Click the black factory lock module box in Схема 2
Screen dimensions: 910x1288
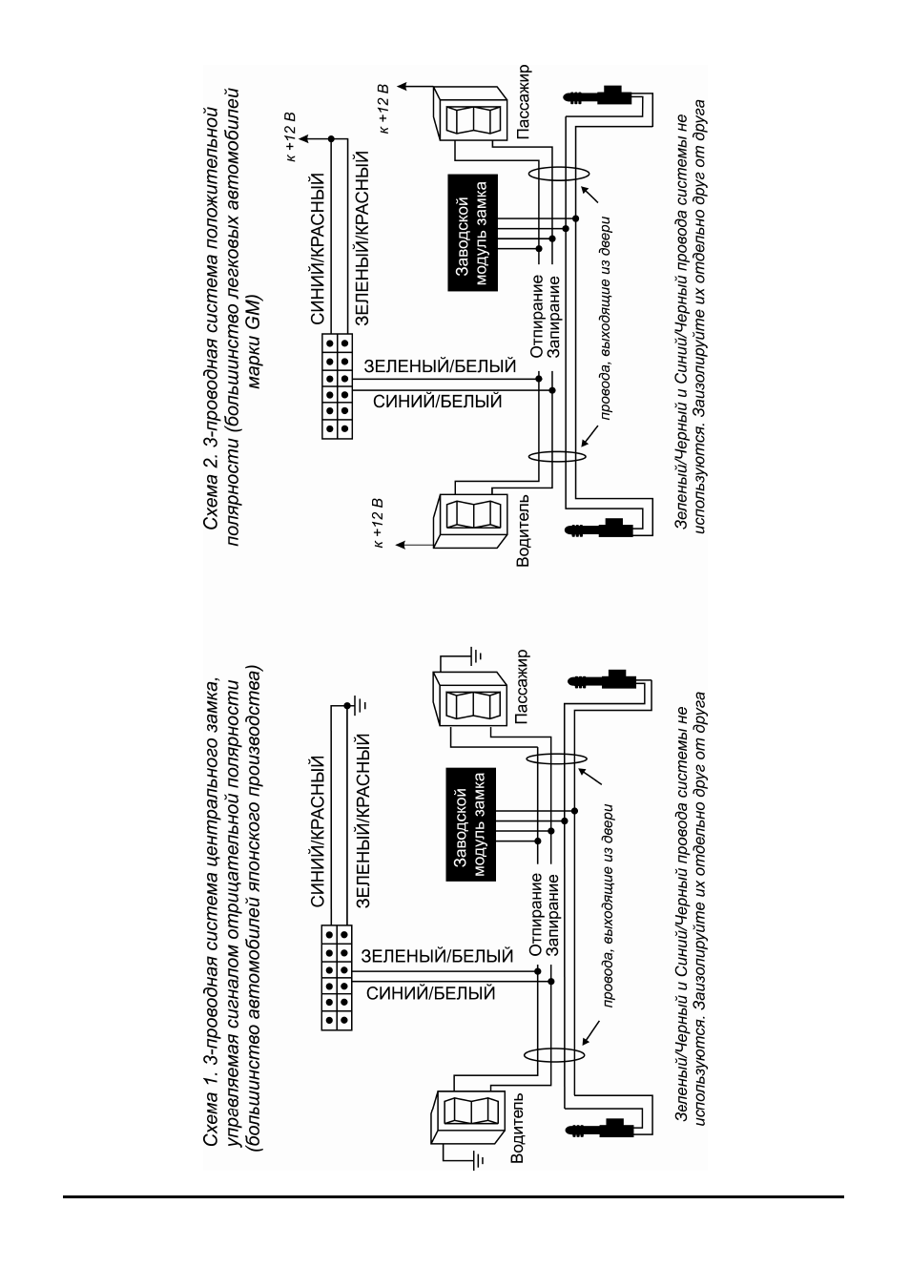click(472, 233)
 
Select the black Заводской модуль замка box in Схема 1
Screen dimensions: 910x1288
click(471, 824)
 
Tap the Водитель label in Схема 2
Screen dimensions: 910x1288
click(523, 530)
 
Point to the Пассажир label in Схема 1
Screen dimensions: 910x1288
click(522, 686)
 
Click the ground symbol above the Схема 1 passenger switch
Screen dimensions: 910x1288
click(477, 654)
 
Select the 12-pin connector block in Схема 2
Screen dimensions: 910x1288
click(337, 387)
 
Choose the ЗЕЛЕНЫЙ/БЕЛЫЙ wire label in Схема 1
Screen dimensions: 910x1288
click(437, 956)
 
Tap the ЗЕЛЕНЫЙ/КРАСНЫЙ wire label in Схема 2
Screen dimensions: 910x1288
click(362, 239)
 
